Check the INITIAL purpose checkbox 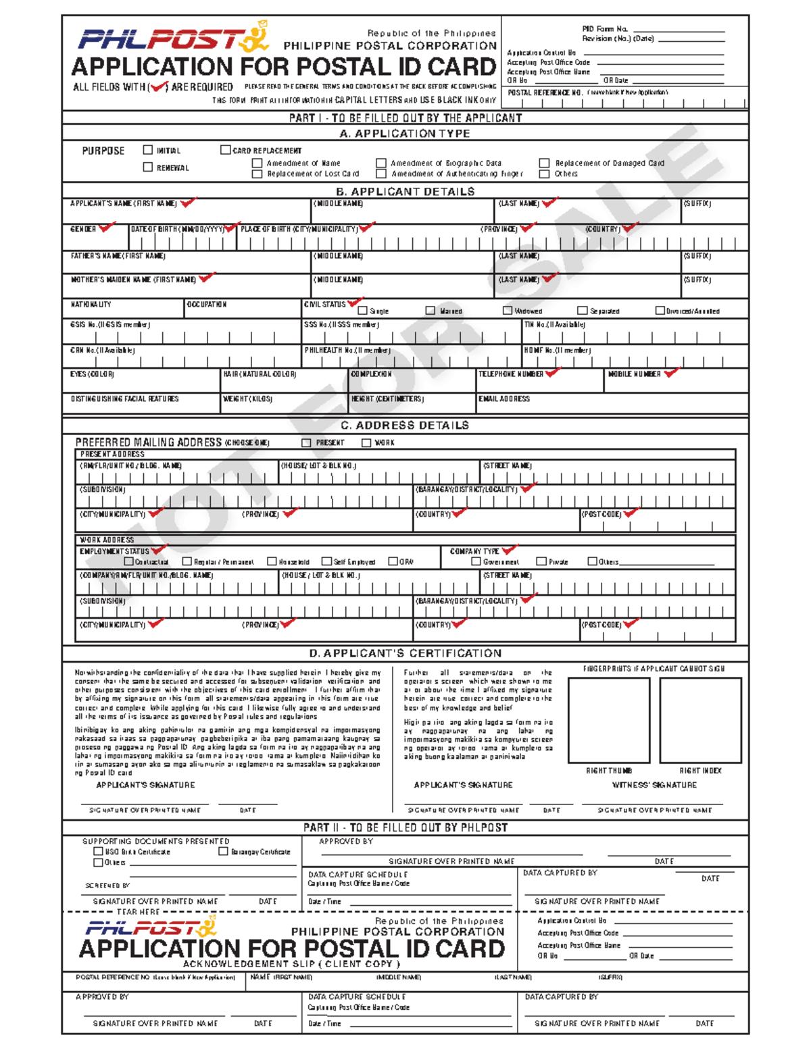(x=148, y=150)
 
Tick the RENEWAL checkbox (x=148, y=167)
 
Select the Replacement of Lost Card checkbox (x=257, y=174)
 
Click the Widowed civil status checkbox (x=508, y=311)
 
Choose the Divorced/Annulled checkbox (x=660, y=311)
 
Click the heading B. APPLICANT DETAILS (x=405, y=192)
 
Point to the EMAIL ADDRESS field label (x=504, y=399)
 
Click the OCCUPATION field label (x=207, y=305)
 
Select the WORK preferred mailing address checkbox (x=366, y=443)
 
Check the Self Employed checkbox (x=326, y=561)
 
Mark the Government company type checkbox (x=476, y=561)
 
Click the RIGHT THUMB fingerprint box (x=608, y=720)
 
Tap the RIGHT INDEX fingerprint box (x=700, y=720)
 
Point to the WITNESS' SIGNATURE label (x=654, y=785)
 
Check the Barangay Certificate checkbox (x=224, y=852)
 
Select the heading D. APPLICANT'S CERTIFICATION (x=405, y=653)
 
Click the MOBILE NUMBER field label (x=634, y=374)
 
